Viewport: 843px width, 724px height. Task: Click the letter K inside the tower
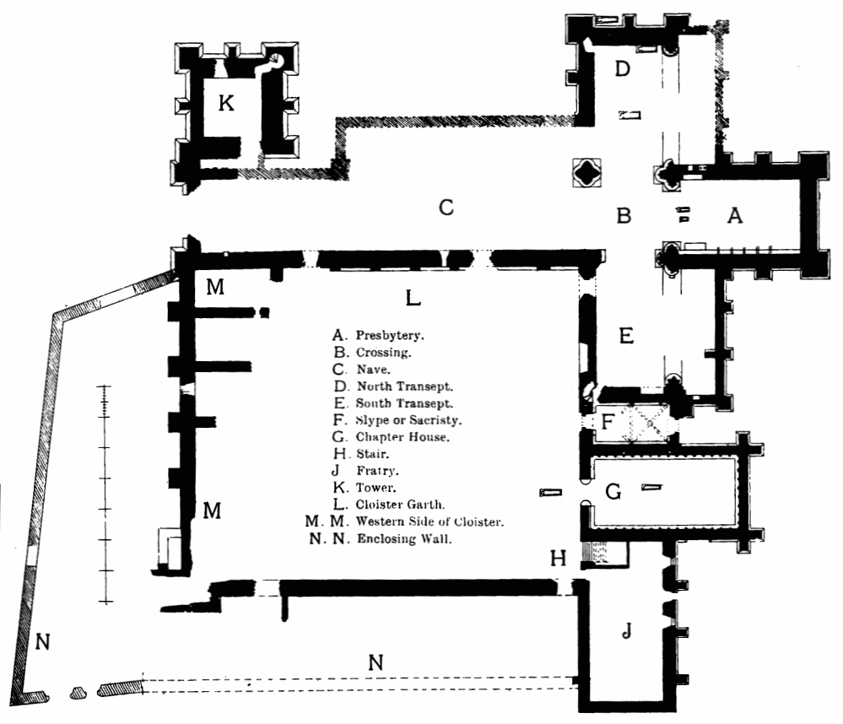tap(225, 105)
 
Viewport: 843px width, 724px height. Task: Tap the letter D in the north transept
tap(623, 69)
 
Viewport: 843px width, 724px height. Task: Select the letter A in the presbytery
tap(735, 217)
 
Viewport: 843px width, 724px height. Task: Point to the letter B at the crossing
tap(624, 217)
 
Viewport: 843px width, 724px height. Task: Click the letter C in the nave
tap(447, 207)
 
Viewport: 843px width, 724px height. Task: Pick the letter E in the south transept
tap(625, 337)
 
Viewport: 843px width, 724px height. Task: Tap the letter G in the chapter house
tap(613, 492)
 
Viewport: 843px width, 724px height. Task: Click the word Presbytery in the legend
tap(389, 335)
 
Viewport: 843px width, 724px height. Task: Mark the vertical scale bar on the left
tap(105, 494)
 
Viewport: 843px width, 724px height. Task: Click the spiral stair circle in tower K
tap(276, 60)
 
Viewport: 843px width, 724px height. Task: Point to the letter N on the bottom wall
tap(376, 663)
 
